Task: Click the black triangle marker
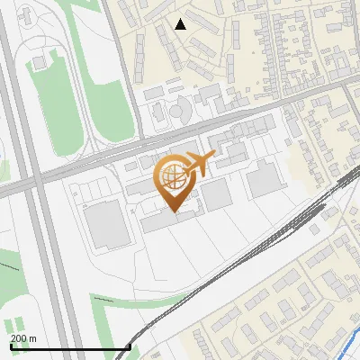click(181, 23)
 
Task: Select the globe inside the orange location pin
click(173, 177)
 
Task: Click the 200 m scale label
click(23, 338)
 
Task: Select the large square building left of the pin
click(107, 224)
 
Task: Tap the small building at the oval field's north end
click(40, 62)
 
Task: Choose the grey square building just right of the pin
click(215, 193)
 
